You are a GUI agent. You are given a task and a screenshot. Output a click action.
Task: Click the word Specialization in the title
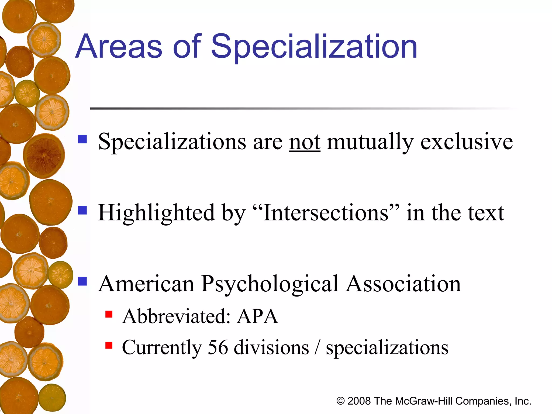pos(314,47)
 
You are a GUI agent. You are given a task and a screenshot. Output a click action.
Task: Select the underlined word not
pos(305,142)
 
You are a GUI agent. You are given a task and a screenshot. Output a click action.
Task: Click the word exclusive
pos(467,142)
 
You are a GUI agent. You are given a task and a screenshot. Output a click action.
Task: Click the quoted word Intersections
pos(326,213)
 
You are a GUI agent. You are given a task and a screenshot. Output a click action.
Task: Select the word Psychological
pos(270,285)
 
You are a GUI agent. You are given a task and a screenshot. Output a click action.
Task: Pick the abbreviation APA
pos(257,316)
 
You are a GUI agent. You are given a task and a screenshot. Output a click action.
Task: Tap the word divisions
pos(271,347)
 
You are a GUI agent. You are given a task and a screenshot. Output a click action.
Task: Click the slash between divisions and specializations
pos(318,348)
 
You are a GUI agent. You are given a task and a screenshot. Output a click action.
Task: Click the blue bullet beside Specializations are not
pos(82,139)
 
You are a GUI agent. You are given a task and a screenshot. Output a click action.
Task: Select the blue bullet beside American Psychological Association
pos(82,281)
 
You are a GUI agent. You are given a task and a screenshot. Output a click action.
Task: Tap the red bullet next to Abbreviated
pos(109,314)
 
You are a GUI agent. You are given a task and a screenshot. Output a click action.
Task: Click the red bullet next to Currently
pos(109,345)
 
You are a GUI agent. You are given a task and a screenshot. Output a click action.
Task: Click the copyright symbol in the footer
pos(340,401)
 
